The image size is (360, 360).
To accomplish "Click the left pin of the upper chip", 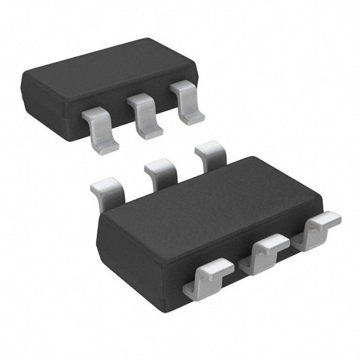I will [x=100, y=128].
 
